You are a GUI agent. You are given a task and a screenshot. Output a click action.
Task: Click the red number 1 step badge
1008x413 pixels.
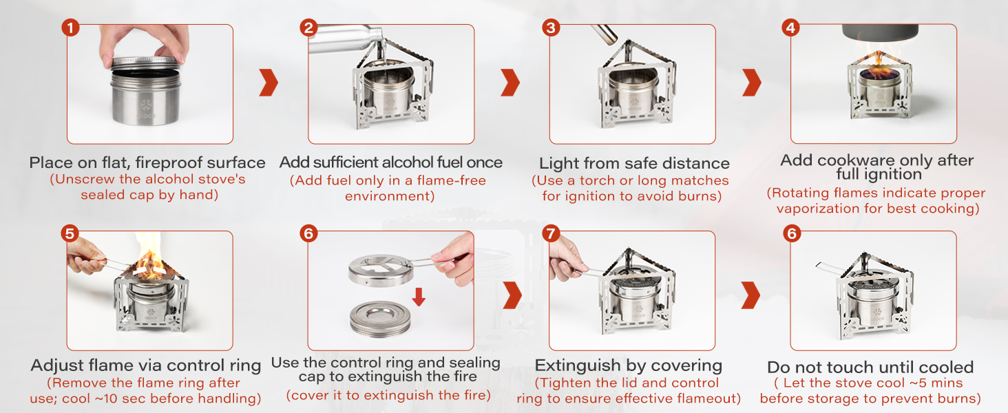(70, 28)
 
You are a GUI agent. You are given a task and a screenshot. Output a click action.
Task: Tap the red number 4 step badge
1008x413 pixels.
(791, 28)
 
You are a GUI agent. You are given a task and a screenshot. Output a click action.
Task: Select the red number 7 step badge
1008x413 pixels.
(551, 233)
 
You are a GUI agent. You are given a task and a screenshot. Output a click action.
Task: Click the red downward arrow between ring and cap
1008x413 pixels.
(419, 297)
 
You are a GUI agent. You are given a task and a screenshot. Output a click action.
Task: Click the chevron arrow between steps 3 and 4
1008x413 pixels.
(752, 83)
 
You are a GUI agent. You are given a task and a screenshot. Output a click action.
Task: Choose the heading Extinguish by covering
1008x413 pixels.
(628, 366)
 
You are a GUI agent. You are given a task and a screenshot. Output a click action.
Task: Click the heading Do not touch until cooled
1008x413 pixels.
(870, 367)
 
